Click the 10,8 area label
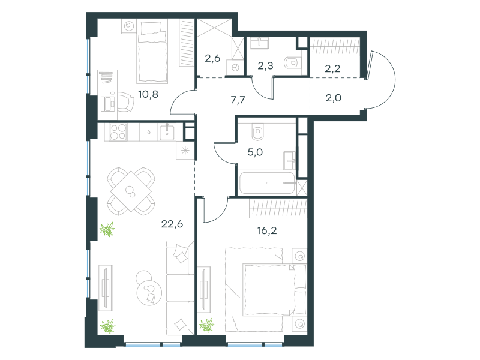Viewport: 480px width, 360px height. [x=148, y=94]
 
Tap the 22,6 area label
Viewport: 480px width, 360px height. [x=172, y=224]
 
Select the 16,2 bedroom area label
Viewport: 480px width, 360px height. [x=267, y=230]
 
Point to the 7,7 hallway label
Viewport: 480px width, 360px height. [x=238, y=100]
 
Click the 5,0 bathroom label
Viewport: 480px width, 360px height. [x=255, y=152]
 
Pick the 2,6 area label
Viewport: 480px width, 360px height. [x=212, y=58]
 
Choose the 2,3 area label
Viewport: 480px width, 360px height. [x=265, y=65]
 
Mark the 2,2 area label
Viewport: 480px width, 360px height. [x=332, y=68]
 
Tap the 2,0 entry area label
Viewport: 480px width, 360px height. [x=334, y=98]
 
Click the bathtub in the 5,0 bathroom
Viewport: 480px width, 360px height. [x=267, y=183]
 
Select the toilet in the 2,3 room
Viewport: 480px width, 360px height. [x=292, y=63]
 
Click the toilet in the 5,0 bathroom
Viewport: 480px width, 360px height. [x=258, y=131]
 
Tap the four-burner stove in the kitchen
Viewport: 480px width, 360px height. [x=118, y=131]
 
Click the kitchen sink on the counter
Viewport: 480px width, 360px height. [x=167, y=132]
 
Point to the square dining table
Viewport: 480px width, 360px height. [x=131, y=191]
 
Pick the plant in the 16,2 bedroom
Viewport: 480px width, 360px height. [x=206, y=325]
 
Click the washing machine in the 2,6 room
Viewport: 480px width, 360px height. [x=235, y=67]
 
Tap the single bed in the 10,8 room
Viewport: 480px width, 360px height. [x=152, y=51]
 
